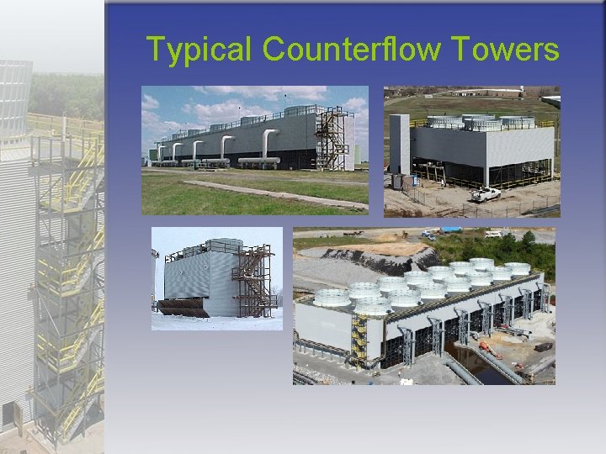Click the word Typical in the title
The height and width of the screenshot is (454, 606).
199,50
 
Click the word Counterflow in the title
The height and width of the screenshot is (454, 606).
351,50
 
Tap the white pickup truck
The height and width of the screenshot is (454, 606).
486,194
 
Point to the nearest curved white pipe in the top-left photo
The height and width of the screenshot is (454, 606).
270,144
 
